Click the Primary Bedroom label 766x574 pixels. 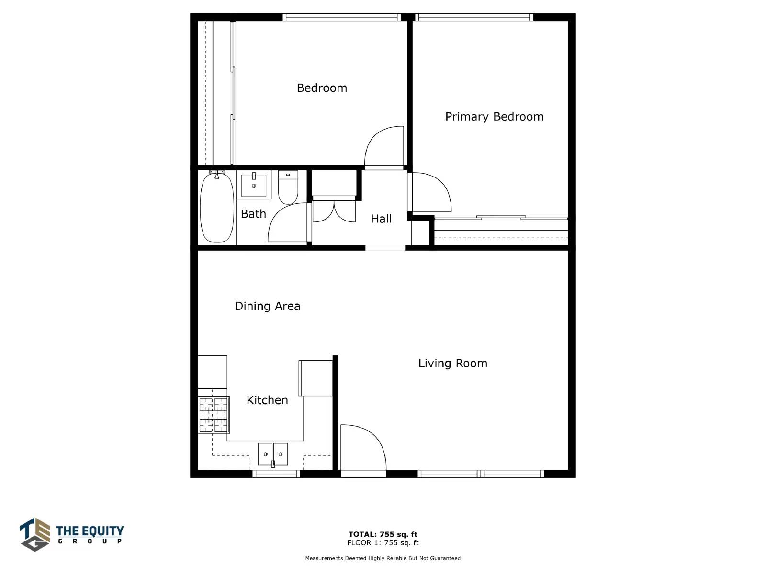click(x=494, y=117)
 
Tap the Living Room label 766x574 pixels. click(x=452, y=363)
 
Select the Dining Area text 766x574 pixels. click(x=267, y=306)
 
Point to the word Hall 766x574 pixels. click(x=381, y=219)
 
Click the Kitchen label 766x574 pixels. click(x=267, y=400)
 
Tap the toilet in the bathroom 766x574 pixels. click(x=288, y=187)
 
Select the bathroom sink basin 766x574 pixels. click(x=254, y=186)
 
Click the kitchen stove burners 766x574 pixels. click(x=214, y=415)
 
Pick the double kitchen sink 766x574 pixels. click(x=273, y=454)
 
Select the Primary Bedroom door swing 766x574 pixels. click(x=431, y=192)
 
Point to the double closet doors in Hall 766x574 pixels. click(x=334, y=210)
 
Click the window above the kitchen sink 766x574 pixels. click(x=276, y=474)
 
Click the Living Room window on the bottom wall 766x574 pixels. click(x=481, y=474)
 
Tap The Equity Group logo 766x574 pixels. click(x=71, y=534)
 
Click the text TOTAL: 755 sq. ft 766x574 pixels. click(x=383, y=534)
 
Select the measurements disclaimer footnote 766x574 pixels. click(x=383, y=558)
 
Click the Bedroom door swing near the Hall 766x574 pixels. click(x=384, y=146)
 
